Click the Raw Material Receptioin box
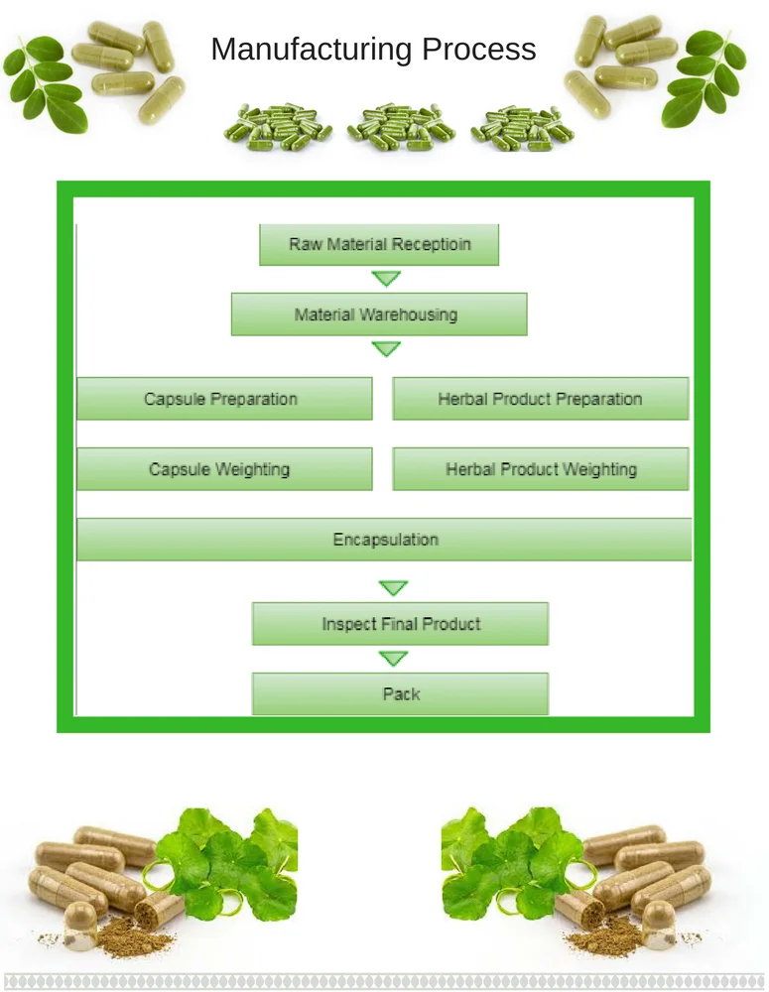coord(379,244)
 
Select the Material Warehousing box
coord(379,314)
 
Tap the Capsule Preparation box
coord(224,399)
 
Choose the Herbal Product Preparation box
coord(540,399)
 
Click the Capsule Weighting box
coord(224,469)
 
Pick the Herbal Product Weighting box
coord(540,469)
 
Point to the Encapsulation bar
coord(384,540)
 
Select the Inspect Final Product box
coord(400,624)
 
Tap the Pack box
coord(400,694)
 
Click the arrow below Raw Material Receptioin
coord(385,279)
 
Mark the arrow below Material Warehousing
coord(385,349)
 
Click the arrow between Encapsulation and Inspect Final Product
coord(393,588)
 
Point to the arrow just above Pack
coord(393,659)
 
